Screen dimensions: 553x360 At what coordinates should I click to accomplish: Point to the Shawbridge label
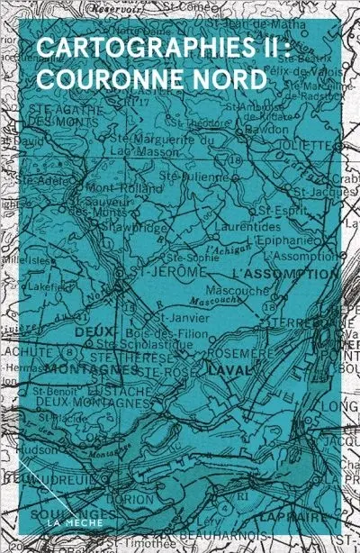[143, 227]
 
